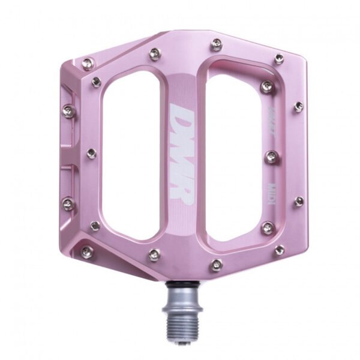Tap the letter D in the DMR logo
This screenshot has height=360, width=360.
181,115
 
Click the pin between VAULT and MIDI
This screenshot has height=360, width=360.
271,157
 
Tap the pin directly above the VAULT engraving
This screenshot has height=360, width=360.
267,87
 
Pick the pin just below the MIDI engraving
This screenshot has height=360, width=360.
268,227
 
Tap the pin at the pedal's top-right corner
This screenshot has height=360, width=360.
279,58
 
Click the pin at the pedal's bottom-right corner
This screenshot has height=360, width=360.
279,250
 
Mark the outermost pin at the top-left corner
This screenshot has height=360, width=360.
88,64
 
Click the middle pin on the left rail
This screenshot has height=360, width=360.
91,154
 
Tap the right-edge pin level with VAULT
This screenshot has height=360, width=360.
298,107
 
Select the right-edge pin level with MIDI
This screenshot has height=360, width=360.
298,201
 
